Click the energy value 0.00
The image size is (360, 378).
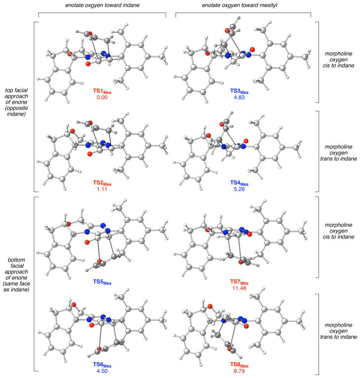[x=102, y=97]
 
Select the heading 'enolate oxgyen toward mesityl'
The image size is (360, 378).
[x=242, y=4]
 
